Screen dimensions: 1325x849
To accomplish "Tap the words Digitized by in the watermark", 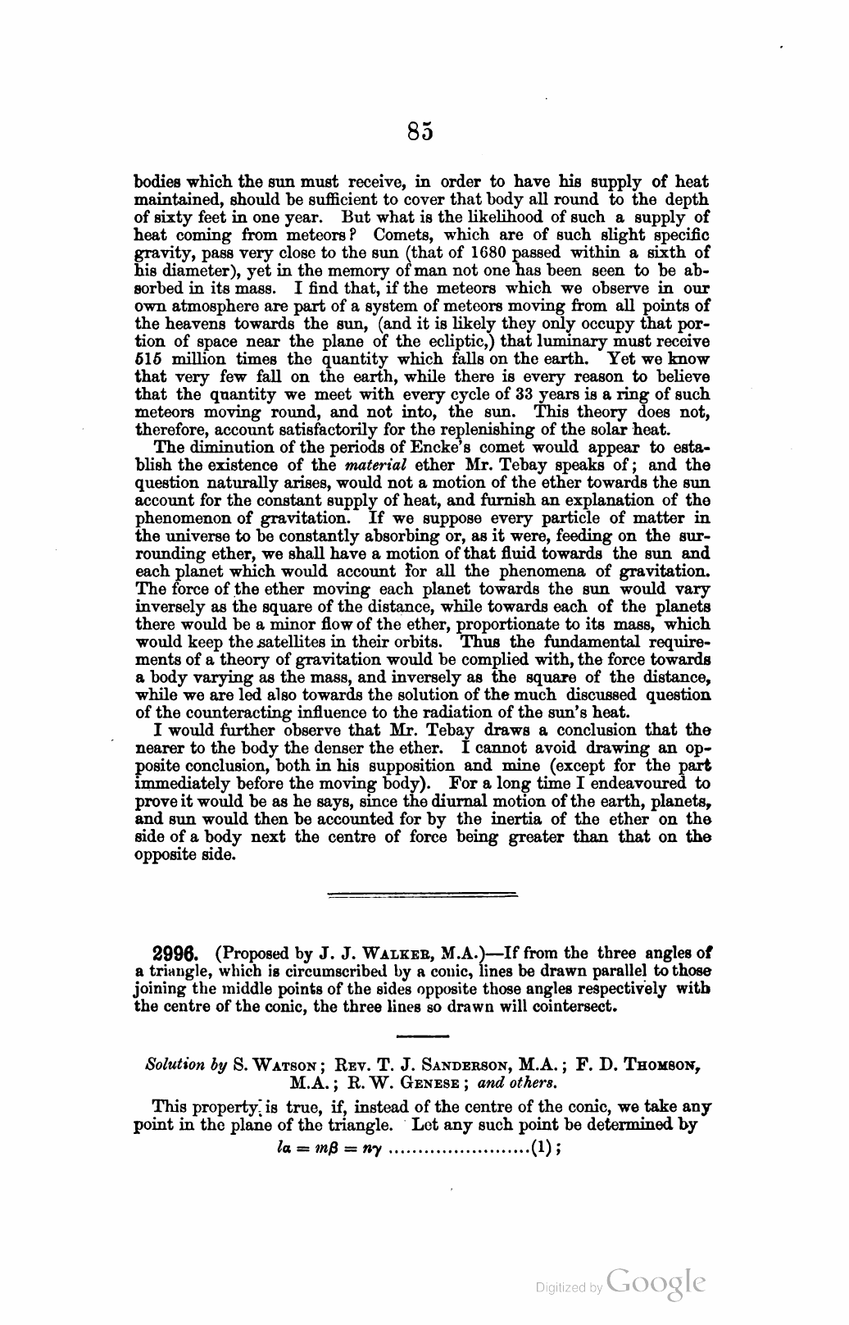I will (568, 1288).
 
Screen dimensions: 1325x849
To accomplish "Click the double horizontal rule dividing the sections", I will (422, 893).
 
